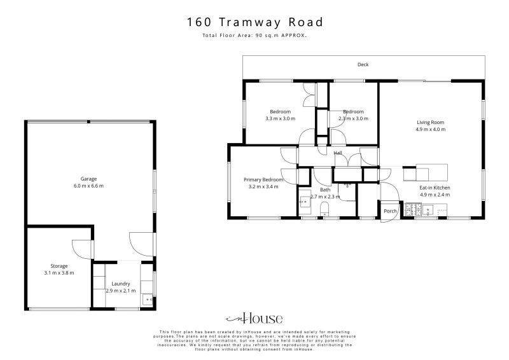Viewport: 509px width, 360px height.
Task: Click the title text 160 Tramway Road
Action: point(254,22)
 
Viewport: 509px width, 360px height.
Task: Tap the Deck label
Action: point(363,65)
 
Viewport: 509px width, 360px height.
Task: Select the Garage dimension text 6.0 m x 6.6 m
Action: point(88,186)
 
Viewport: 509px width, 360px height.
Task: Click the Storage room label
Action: point(59,266)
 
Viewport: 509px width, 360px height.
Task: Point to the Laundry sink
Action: point(148,298)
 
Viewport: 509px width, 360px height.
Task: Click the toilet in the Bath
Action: point(324,209)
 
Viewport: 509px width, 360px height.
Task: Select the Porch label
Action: point(389,211)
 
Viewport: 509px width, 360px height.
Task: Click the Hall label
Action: point(338,153)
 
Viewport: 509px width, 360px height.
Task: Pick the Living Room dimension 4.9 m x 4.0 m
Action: point(430,129)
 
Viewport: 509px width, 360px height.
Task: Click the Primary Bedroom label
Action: point(263,180)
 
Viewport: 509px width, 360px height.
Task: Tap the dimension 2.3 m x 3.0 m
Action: point(353,118)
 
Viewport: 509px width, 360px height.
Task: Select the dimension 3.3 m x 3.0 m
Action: point(280,118)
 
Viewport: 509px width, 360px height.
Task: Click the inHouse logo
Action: point(254,319)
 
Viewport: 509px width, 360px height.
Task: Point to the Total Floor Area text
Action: point(254,36)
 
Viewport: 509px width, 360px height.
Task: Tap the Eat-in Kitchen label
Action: point(435,188)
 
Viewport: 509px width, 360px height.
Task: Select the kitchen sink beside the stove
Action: point(429,209)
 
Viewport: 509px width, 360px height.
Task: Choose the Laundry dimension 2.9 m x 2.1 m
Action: point(120,291)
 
